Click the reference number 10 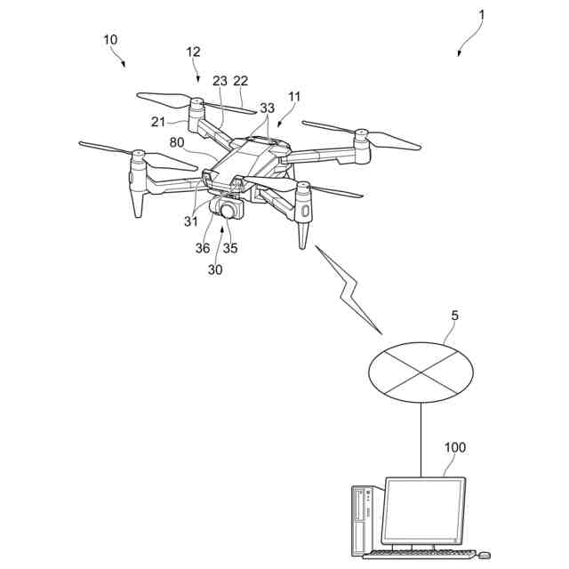point(110,40)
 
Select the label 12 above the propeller point(193,52)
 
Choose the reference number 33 point(267,108)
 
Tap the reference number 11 point(294,96)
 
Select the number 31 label point(191,221)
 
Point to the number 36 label point(204,248)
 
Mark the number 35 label point(230,248)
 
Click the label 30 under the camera point(216,269)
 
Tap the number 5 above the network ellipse point(455,316)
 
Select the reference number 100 point(453,447)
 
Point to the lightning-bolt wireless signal point(349,289)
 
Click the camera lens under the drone point(230,212)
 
